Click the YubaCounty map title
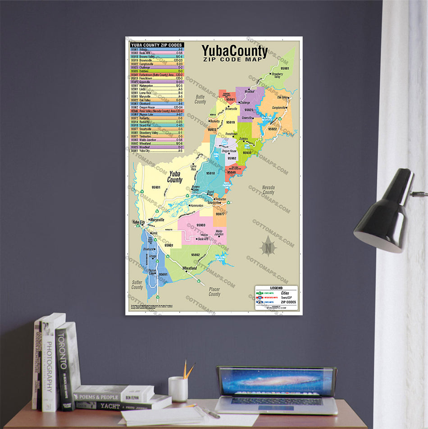(234, 51)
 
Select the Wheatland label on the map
(189, 268)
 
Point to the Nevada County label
(268, 190)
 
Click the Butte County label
(200, 99)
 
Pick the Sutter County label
(137, 284)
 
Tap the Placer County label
(214, 292)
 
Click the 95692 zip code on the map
(195, 255)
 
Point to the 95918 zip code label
(210, 173)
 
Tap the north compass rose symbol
(268, 246)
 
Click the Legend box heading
(276, 288)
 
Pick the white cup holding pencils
(178, 389)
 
